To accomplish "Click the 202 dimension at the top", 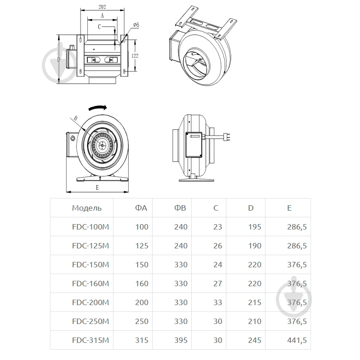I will point(102,7).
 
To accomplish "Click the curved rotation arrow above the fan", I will point(97,108).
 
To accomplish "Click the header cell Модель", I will point(87,208).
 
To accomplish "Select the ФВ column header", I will point(180,208).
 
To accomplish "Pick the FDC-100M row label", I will point(90,227).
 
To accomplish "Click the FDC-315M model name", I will point(90,340).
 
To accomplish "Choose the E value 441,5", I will point(297,340).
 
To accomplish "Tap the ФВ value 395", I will point(181,340).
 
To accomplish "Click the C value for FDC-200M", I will point(217,302).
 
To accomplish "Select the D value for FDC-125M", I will point(254,246).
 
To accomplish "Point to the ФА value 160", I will point(141,283).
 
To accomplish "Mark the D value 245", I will point(254,340).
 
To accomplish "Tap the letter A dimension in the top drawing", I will point(102,16).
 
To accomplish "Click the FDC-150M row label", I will point(90,265).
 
